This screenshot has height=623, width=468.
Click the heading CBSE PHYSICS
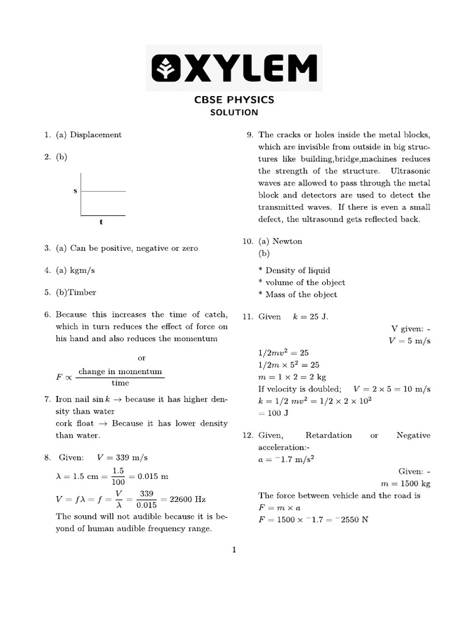pos(234,100)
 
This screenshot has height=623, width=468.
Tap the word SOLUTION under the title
pos(234,113)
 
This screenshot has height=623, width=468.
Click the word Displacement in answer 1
pos(96,134)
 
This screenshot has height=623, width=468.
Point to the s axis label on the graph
pos(76,191)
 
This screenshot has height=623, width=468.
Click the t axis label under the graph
pos(101,222)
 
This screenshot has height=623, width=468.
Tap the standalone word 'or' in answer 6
pos(142,358)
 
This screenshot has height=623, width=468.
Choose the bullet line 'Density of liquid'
pos(298,270)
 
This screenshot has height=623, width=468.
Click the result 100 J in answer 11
pos(274,413)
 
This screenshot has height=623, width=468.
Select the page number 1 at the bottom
pos(233,551)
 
